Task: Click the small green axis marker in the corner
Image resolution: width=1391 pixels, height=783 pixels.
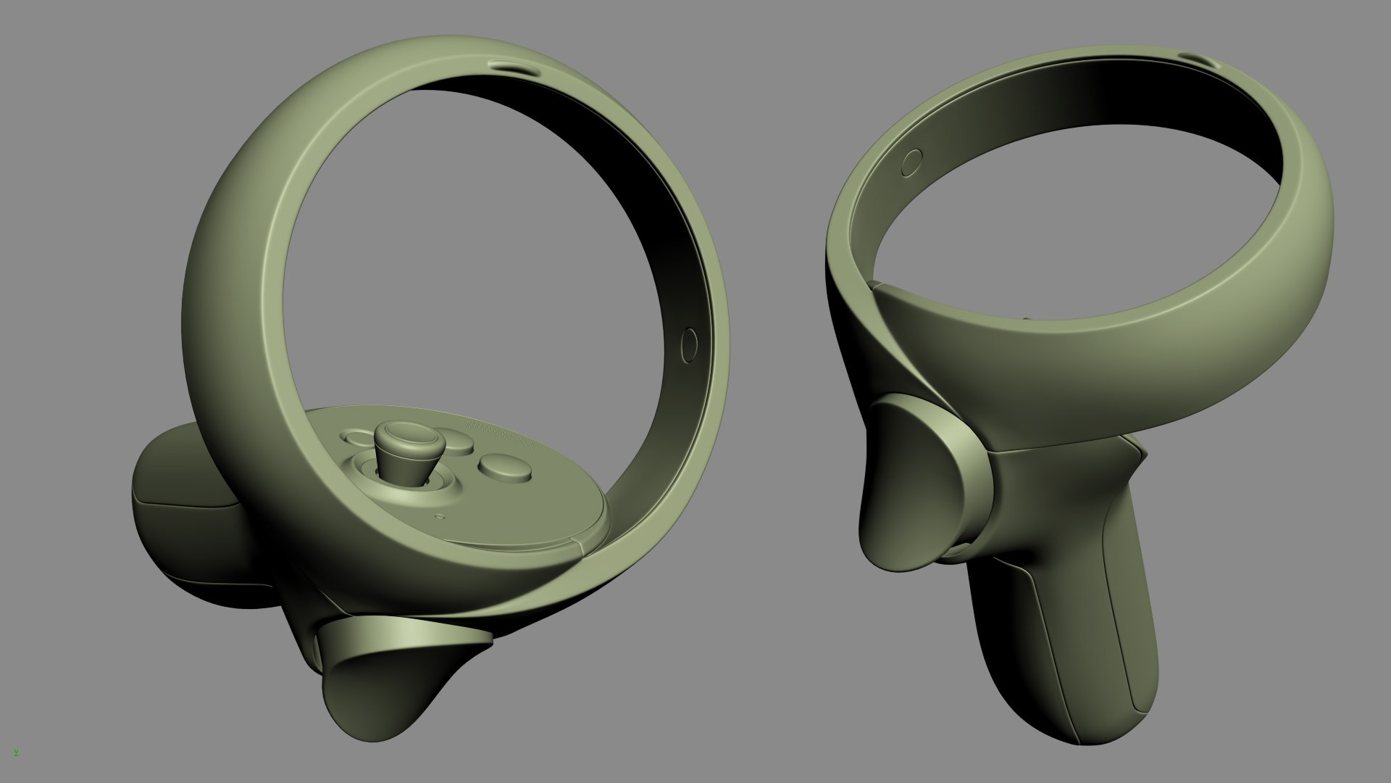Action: tap(16, 753)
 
